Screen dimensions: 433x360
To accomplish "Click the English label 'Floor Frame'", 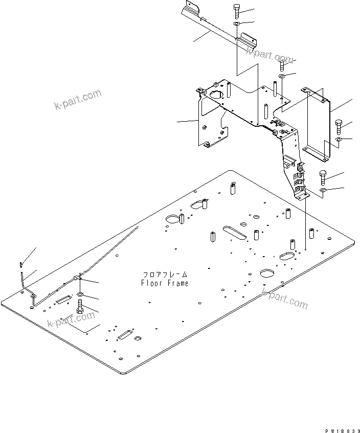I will pyautogui.click(x=165, y=283).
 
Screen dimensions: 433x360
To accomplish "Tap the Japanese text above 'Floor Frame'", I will pyautogui.click(x=165, y=275).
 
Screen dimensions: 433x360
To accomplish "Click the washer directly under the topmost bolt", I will pyautogui.click(x=236, y=24).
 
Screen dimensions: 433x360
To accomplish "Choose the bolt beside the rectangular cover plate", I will pyautogui.click(x=340, y=126).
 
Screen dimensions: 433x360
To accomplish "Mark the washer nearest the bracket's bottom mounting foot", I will pyautogui.click(x=323, y=191).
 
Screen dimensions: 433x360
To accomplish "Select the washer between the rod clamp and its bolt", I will pyautogui.click(x=81, y=296).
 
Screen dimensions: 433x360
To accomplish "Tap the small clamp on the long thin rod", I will pyautogui.click(x=77, y=278).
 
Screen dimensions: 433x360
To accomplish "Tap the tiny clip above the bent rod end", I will pyautogui.click(x=20, y=264).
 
